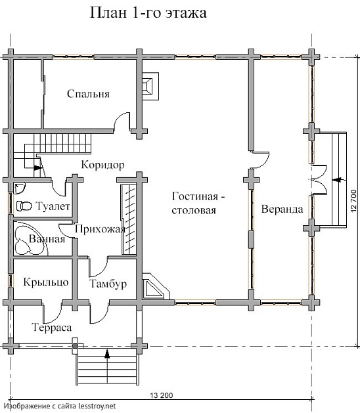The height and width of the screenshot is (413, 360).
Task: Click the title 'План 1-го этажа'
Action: pos(148,13)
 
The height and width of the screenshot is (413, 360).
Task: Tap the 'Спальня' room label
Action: pos(88,94)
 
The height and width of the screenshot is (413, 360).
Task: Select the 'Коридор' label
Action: pos(102,165)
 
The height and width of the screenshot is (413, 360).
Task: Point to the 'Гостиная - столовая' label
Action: pos(198,203)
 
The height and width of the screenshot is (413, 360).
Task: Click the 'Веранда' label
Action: pos(282,209)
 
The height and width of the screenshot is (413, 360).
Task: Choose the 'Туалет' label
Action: pos(53,206)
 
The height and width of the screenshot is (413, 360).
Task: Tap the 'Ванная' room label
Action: pos(47,239)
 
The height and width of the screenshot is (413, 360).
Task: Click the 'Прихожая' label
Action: pos(100,229)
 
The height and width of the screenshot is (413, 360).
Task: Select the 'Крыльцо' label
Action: pos(46,282)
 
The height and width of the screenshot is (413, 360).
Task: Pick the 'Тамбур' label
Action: pos(108,284)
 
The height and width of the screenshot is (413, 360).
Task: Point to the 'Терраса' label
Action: pos(52,328)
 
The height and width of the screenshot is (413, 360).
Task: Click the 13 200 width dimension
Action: pos(162,395)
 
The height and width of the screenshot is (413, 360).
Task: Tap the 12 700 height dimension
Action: pos(353,201)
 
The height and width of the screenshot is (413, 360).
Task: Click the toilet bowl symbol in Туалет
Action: pos(24,206)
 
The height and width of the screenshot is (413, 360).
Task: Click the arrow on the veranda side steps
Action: pos(336,179)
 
